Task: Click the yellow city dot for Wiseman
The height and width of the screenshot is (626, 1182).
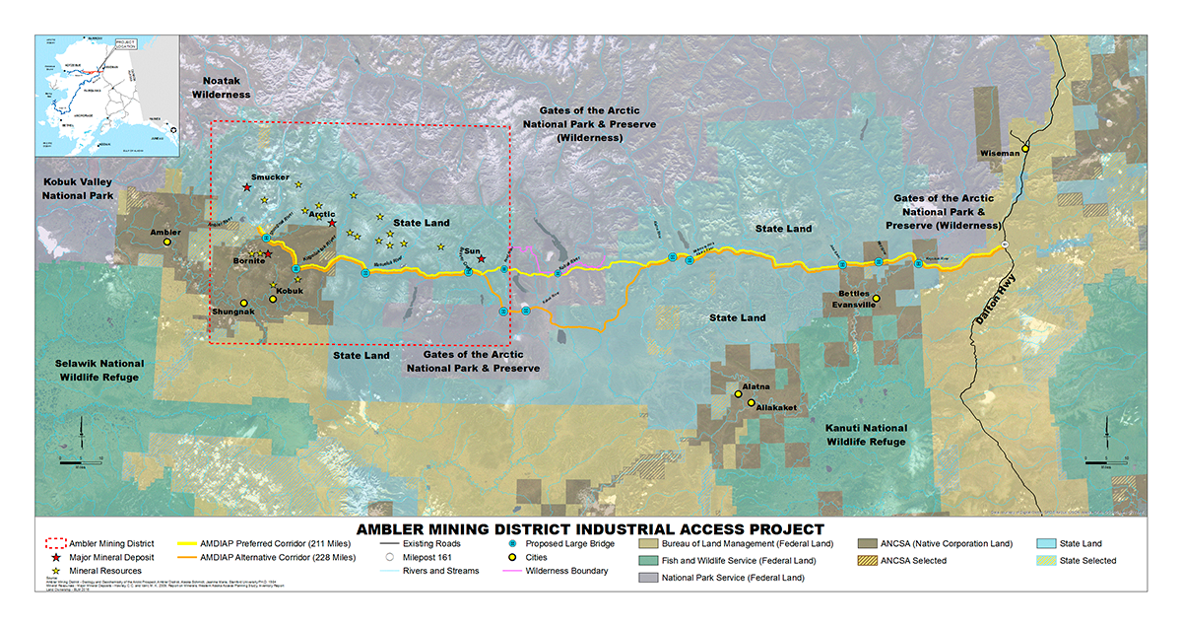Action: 1025,149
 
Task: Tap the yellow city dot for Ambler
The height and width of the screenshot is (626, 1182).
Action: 166,242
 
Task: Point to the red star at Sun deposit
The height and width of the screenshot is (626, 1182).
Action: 481,259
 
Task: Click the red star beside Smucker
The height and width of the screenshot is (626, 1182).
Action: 247,187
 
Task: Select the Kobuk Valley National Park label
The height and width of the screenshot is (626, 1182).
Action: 78,189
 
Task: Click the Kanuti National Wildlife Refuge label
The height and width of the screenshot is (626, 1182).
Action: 866,435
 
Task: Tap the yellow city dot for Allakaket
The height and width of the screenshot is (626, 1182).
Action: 751,403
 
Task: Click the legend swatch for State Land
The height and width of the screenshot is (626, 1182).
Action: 1048,543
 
